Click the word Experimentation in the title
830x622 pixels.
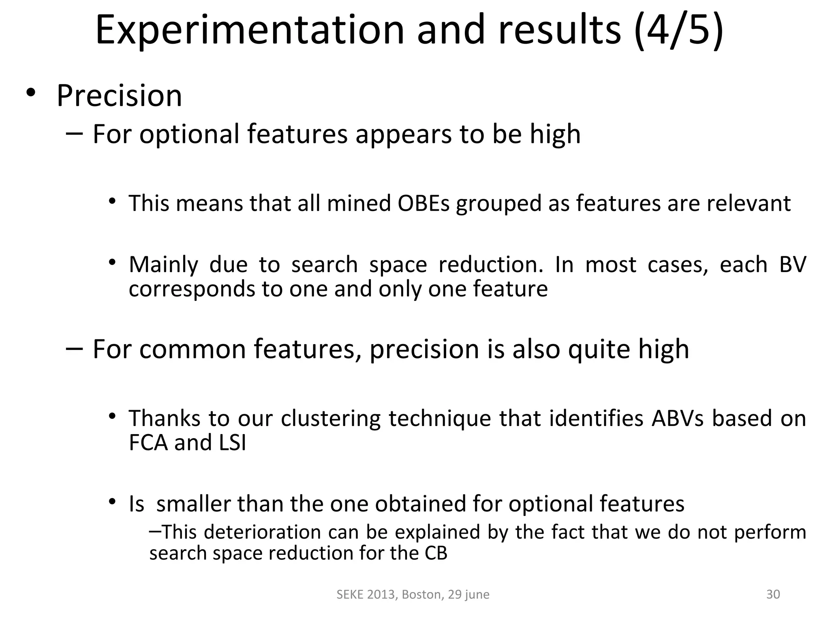[250, 30]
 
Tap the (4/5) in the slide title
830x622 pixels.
[678, 30]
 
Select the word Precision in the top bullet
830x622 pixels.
[119, 96]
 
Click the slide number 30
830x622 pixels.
[773, 594]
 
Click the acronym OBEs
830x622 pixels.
[424, 203]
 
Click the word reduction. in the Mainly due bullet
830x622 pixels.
[491, 265]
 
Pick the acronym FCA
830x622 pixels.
[148, 442]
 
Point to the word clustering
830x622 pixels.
[330, 419]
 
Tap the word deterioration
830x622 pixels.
[262, 532]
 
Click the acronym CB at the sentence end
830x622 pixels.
[436, 553]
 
